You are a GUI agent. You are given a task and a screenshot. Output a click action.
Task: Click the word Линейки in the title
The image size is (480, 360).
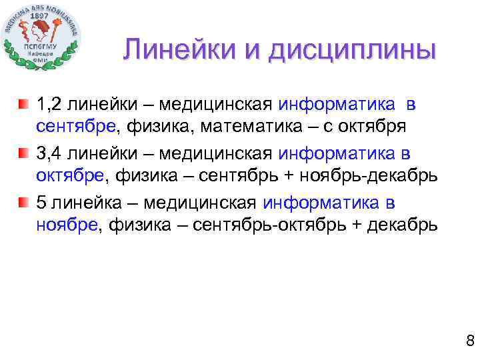pos(174,51)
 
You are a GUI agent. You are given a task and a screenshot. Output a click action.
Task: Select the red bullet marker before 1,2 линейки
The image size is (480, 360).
pos(24,105)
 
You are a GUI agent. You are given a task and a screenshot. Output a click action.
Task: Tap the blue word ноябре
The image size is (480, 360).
pos(66,225)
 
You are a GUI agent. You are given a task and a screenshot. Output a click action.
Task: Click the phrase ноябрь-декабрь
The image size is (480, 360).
pos(380,176)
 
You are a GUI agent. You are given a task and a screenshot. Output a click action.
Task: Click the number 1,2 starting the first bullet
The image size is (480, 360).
pos(49,105)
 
